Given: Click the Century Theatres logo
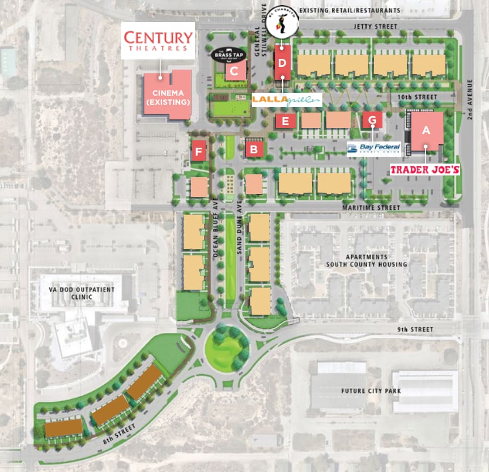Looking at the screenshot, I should [x=158, y=41].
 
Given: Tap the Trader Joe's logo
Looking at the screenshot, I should [x=424, y=169].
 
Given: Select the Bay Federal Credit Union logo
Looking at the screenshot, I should [x=373, y=149].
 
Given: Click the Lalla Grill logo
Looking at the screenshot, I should [x=287, y=100].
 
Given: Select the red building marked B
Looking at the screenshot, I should [x=254, y=149].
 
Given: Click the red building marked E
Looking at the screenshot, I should [x=286, y=121].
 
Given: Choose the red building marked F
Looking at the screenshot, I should [x=198, y=151].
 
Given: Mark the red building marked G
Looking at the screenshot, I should [x=372, y=120].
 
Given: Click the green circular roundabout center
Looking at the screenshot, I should [x=226, y=346].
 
